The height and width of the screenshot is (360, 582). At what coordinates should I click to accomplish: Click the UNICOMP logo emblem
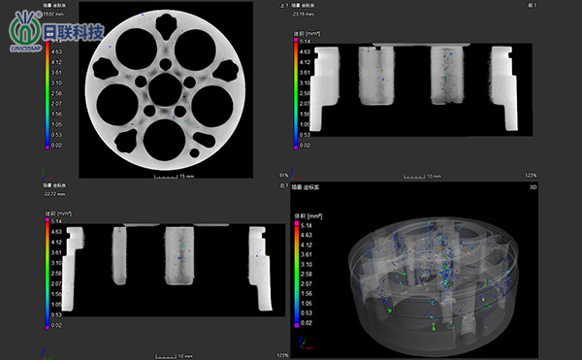tap(23, 28)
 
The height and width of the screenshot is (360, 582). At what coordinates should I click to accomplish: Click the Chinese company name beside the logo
tap(74, 32)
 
